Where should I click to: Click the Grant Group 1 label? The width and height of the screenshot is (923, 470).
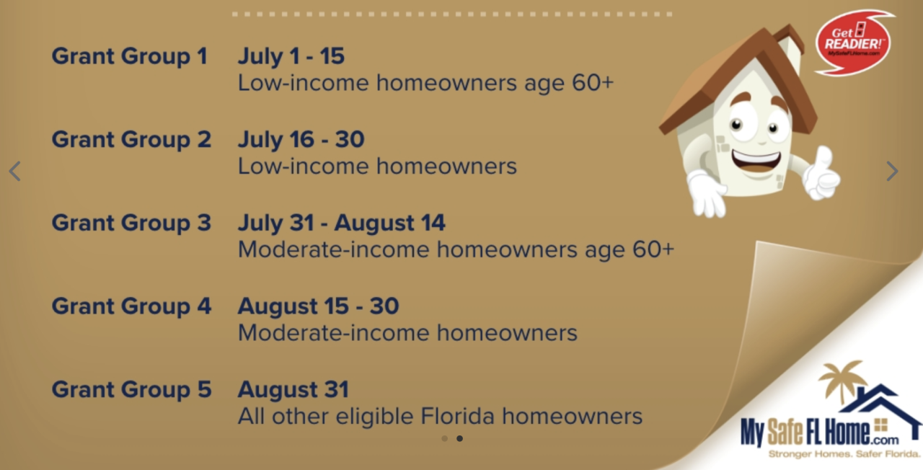coord(129,56)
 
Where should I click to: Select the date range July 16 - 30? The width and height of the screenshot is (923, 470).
coord(301,139)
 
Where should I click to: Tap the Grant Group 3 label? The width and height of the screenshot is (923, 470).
coord(131,223)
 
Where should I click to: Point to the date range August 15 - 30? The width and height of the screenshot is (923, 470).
coord(319,306)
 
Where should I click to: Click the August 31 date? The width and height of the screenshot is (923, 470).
coord(293,389)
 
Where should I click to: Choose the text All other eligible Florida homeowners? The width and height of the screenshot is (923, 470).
coord(440,416)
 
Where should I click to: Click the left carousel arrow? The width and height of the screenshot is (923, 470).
coord(15,171)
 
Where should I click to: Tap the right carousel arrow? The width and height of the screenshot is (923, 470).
coord(892,171)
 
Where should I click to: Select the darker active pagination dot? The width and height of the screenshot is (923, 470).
coord(459,439)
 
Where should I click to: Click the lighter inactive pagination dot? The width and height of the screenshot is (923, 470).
coord(444,439)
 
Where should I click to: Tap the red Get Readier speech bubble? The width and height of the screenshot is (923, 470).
coord(853,43)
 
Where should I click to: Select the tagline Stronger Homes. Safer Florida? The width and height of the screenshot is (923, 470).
coord(844,454)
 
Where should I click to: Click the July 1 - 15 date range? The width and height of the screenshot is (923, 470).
coord(291,56)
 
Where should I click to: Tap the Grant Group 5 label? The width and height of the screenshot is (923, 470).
coord(131,389)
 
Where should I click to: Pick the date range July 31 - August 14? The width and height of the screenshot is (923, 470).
coord(342,223)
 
